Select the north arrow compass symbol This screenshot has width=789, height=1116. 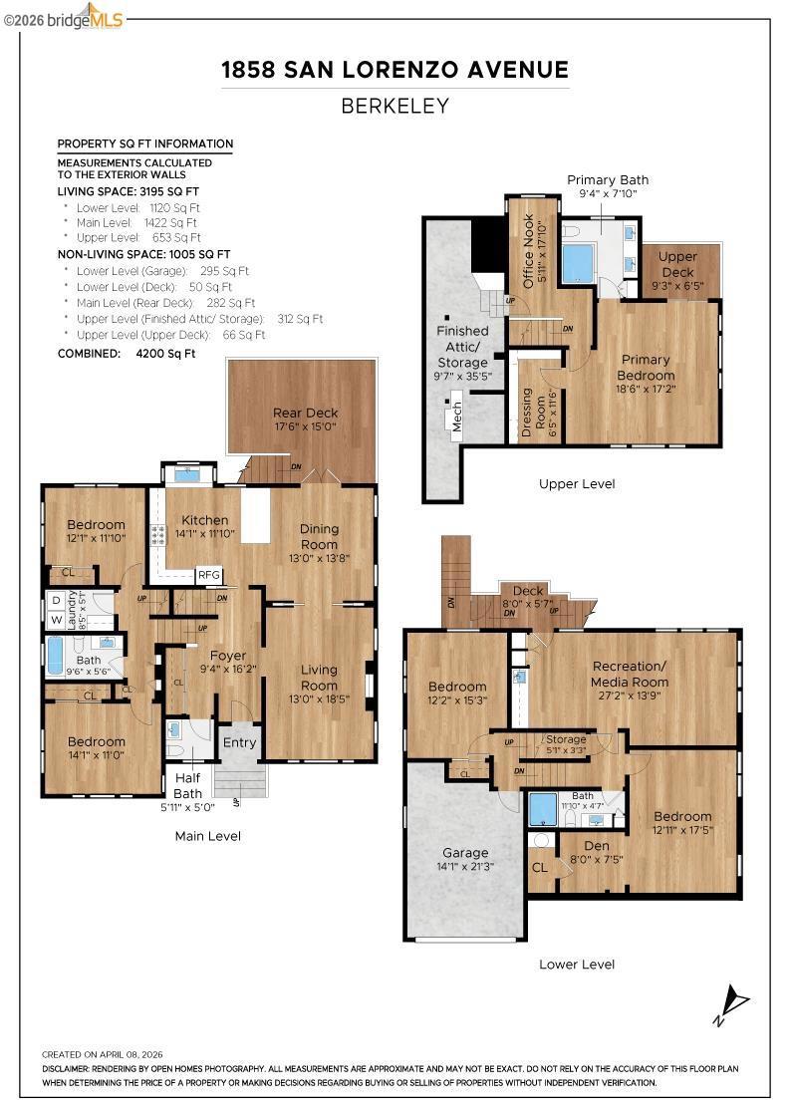[x=731, y=1004]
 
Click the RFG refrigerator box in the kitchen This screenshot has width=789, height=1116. [x=209, y=575]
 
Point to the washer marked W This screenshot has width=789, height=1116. [x=56, y=620]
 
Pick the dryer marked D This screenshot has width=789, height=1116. [x=56, y=601]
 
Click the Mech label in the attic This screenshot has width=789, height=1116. [x=456, y=417]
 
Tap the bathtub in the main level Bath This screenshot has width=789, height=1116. [x=56, y=657]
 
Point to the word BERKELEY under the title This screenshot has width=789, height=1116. [x=394, y=106]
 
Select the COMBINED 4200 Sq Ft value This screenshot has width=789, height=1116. [x=165, y=353]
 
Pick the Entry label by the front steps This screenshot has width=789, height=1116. [x=239, y=742]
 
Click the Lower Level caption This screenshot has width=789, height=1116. [x=576, y=965]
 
